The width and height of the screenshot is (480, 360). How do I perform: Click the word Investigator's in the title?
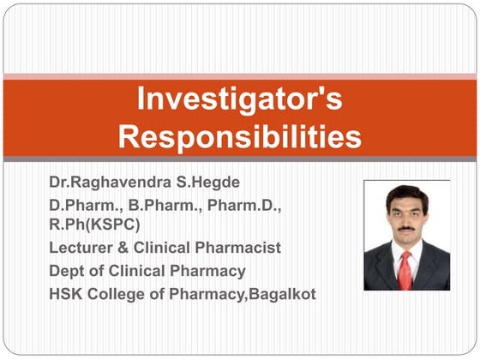[x=239, y=99]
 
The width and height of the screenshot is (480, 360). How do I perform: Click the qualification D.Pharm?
[x=80, y=207]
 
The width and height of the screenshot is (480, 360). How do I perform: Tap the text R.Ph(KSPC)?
[x=93, y=225]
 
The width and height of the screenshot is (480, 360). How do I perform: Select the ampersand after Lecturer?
[x=123, y=249]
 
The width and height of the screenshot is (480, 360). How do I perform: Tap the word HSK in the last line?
[x=66, y=294]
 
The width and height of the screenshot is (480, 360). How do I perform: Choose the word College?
[x=123, y=294]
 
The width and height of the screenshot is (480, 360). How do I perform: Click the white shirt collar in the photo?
[x=395, y=251]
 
